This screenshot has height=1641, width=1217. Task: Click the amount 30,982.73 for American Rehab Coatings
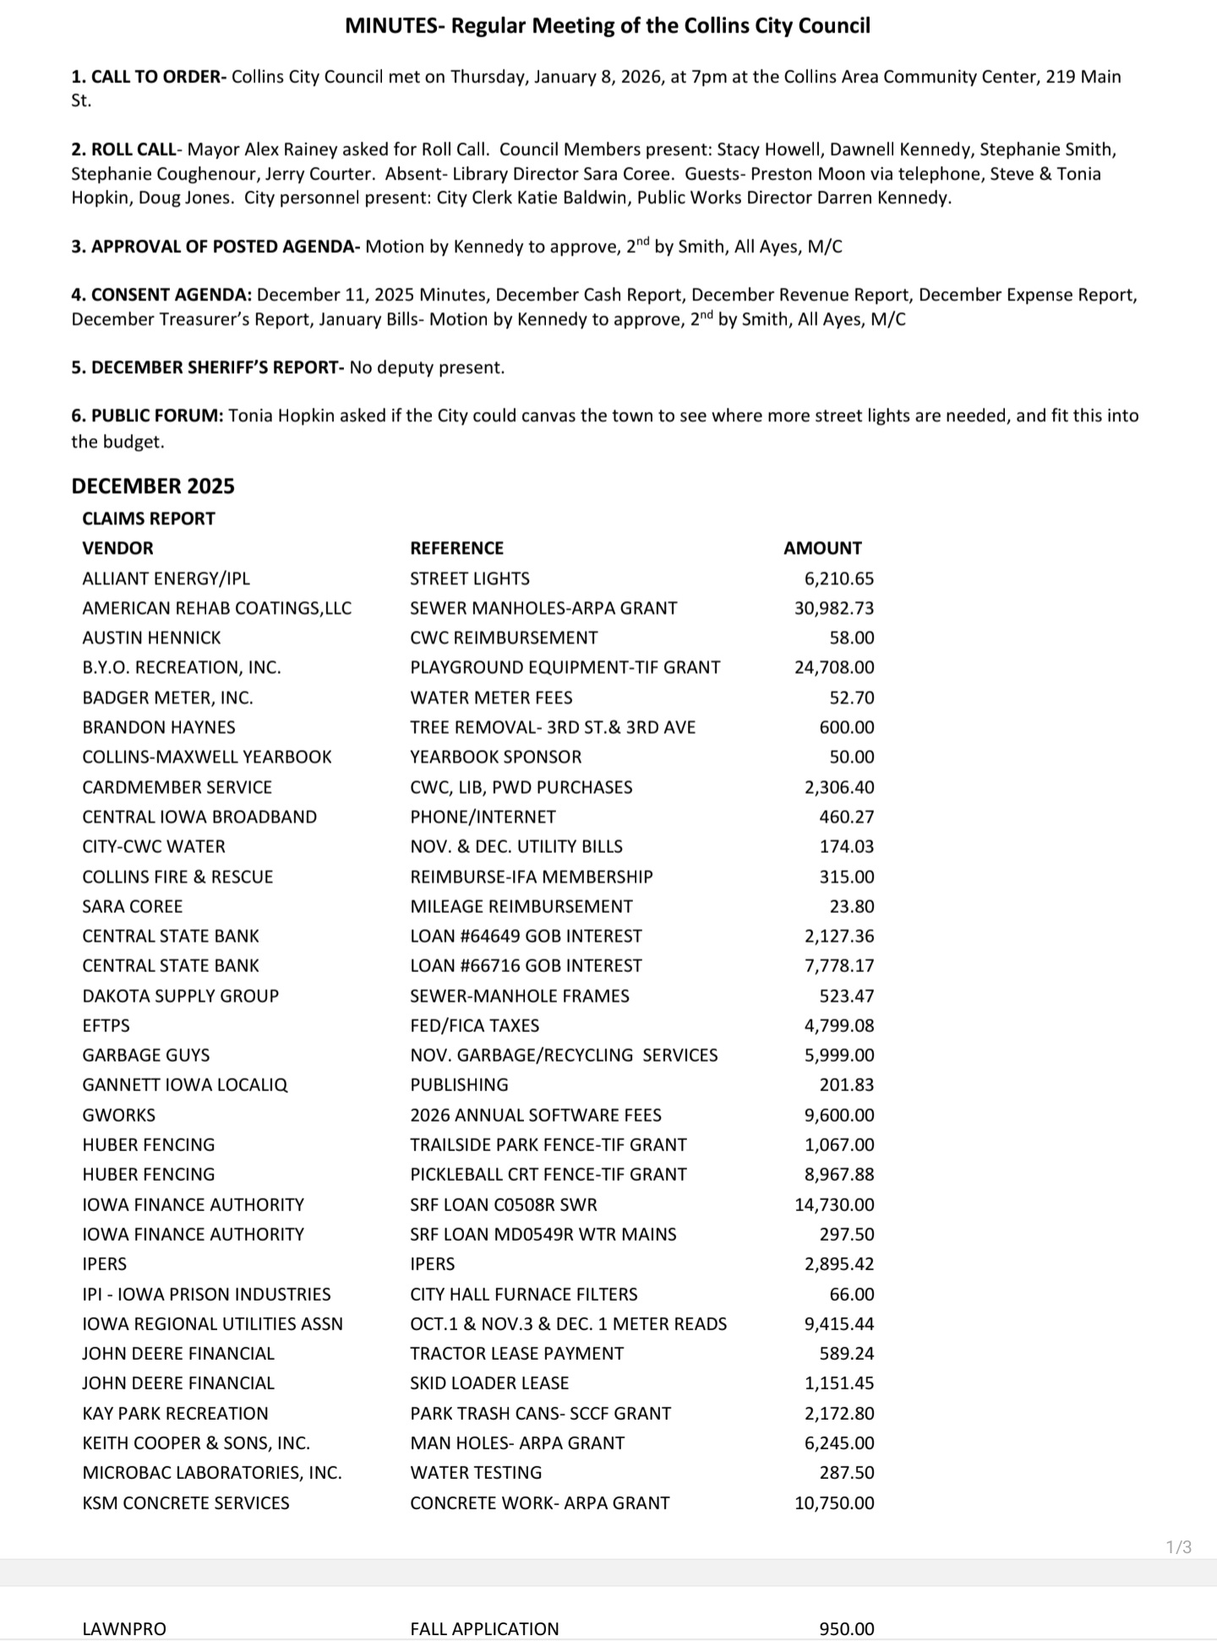click(x=833, y=608)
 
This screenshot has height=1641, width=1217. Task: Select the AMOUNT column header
click(x=822, y=548)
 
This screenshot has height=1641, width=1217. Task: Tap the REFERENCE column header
click(x=456, y=548)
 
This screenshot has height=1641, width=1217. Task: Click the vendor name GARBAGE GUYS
click(x=146, y=1055)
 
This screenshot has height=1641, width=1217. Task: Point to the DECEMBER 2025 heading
click(x=153, y=486)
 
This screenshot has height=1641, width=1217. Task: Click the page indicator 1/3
click(x=1178, y=1547)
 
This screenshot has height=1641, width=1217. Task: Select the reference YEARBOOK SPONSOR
click(x=495, y=757)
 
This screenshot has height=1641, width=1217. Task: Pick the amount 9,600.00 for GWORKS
click(x=838, y=1115)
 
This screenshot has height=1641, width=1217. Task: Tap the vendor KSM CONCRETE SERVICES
click(x=186, y=1502)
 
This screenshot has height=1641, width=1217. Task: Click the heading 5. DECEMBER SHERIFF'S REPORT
click(x=207, y=368)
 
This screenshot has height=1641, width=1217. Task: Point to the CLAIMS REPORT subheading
click(x=149, y=519)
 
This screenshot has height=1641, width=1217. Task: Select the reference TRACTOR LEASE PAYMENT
click(x=516, y=1353)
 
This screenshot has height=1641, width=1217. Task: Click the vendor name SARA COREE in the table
click(x=133, y=906)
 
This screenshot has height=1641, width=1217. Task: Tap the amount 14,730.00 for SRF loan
click(x=833, y=1204)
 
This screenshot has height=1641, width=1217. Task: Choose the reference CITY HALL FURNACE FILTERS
click(x=523, y=1294)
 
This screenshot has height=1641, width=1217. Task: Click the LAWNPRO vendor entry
click(x=124, y=1629)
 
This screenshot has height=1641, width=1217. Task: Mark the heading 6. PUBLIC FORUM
click(x=147, y=416)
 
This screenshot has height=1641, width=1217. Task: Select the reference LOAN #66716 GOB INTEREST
click(x=526, y=965)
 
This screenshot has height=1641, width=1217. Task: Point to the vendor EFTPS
click(x=106, y=1025)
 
